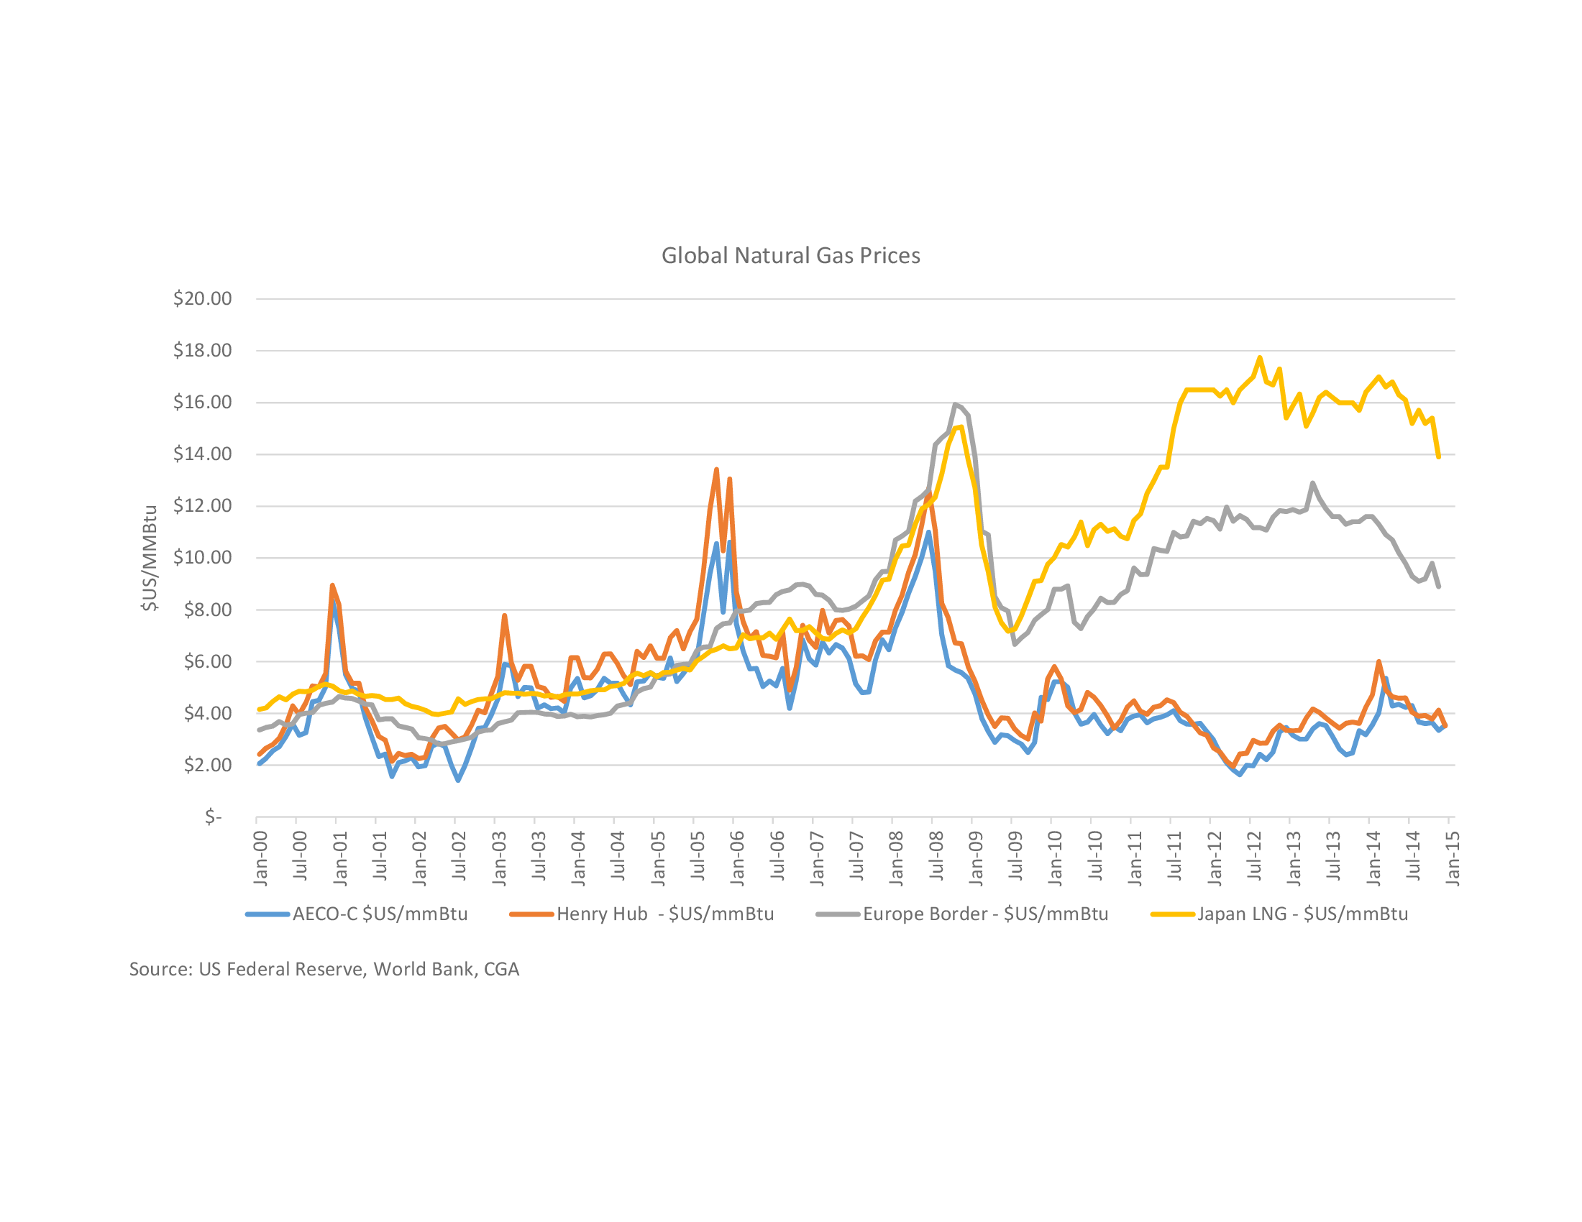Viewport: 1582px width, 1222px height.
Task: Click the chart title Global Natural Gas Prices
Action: (x=790, y=256)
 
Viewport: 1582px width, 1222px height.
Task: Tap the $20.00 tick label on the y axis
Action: (x=202, y=298)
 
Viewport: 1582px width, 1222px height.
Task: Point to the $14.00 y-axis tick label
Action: (x=202, y=454)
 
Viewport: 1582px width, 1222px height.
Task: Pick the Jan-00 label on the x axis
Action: (x=261, y=858)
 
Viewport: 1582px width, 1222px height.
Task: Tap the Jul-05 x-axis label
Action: (x=698, y=855)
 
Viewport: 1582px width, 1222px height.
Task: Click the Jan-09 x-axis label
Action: (x=976, y=858)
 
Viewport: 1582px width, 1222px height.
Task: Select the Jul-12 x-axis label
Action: (x=1254, y=855)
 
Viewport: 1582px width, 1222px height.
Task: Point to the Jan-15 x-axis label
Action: (x=1453, y=858)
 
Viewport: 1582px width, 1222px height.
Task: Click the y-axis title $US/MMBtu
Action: (x=150, y=558)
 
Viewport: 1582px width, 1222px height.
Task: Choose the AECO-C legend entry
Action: (x=357, y=914)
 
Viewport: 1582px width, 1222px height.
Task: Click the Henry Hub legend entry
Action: (x=642, y=914)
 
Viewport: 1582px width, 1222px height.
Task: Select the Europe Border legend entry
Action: (x=963, y=914)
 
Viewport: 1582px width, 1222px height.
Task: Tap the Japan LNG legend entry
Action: (x=1280, y=914)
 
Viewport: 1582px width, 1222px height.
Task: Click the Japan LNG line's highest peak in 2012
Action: (x=1260, y=358)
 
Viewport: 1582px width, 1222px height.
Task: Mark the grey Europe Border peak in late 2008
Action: (x=956, y=405)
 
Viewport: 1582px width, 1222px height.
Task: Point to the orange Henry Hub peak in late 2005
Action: (x=716, y=470)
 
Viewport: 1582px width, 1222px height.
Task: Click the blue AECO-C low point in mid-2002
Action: (x=458, y=780)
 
